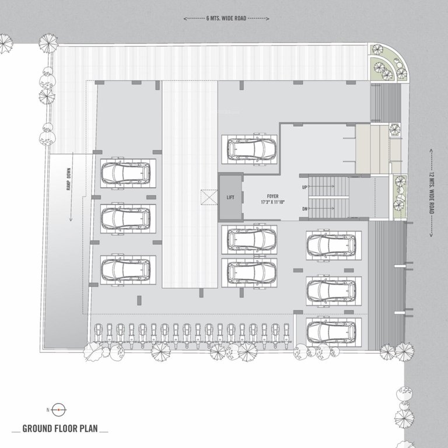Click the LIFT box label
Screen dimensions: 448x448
tap(230, 197)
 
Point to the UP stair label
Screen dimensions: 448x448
tap(304, 187)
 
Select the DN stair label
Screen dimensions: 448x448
tap(304, 208)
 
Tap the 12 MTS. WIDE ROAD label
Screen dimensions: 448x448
tap(432, 192)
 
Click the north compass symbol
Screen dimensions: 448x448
tap(59, 410)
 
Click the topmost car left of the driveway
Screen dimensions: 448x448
tap(125, 173)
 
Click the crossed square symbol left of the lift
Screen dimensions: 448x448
tap(206, 197)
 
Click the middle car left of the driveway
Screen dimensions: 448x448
tap(125, 218)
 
